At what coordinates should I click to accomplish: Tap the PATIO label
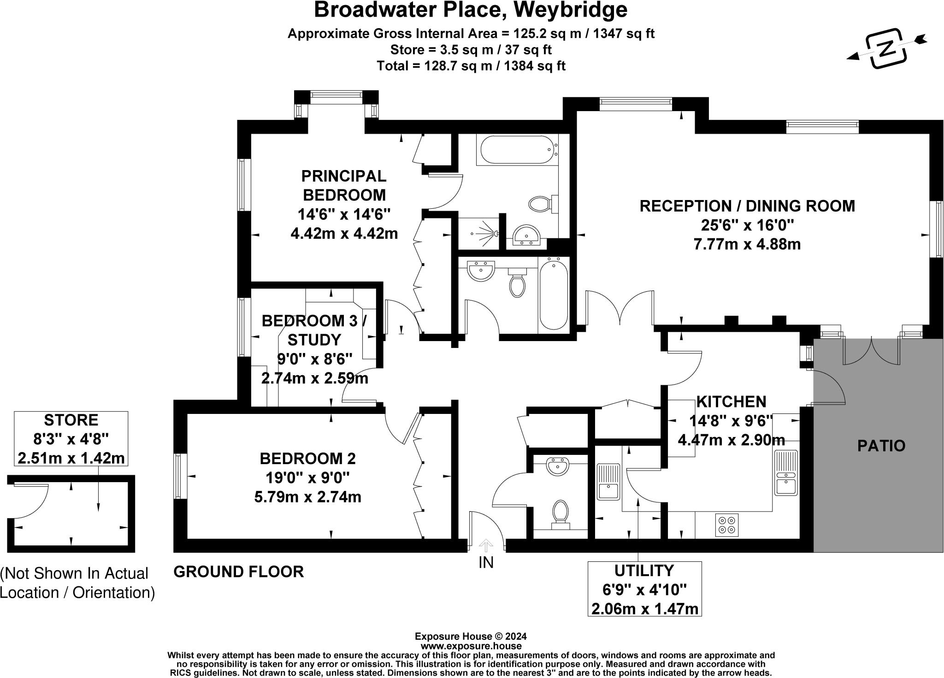point(881,446)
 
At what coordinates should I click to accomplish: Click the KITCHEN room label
point(731,401)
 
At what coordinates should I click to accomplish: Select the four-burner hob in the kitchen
point(727,525)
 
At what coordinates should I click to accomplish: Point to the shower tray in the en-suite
point(479,233)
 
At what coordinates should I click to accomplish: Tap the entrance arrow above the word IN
point(485,546)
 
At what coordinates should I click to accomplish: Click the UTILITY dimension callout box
point(644,589)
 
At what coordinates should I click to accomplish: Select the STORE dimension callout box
point(71,439)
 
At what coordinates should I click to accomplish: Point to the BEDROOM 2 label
point(307,459)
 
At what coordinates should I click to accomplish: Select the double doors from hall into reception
point(620,309)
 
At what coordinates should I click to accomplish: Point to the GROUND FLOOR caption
point(238,572)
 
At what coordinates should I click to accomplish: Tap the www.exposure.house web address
point(471,646)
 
